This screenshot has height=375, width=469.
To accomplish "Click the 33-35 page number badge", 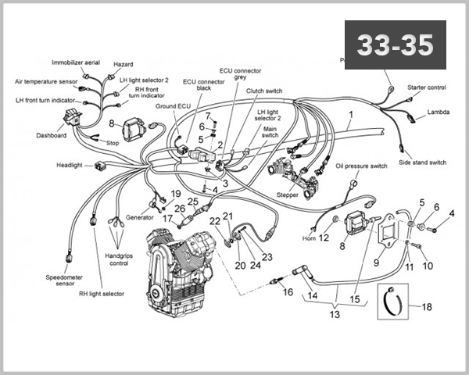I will pos(395,45).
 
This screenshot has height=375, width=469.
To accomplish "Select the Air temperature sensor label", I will pos(46,80).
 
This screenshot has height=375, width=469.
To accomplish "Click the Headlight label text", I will pos(73,165).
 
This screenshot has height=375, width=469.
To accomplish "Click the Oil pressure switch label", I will pos(361,166).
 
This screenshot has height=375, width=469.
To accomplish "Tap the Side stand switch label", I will pos(422,162).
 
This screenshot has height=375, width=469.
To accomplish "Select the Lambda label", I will pos(438,112).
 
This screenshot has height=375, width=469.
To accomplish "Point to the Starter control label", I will pos(427,87).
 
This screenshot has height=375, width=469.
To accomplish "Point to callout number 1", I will pos(351,115).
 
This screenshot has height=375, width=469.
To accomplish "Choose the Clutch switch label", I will pos(264,91).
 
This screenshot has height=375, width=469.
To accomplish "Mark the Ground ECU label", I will pos(171,105).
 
